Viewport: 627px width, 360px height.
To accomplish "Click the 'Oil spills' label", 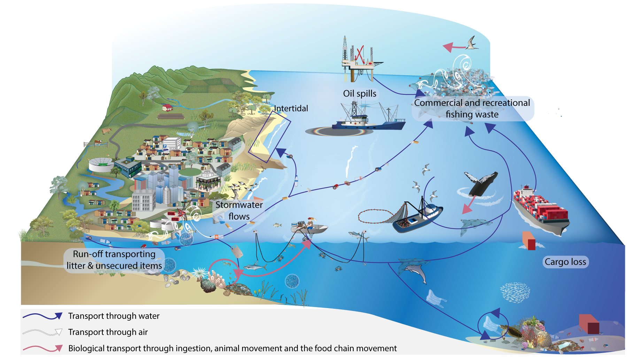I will coord(359,93).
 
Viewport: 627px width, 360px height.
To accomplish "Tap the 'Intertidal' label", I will coord(291,108).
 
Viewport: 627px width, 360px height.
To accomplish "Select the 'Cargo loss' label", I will coord(565,262).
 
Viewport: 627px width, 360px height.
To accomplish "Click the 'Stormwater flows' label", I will coord(239,210).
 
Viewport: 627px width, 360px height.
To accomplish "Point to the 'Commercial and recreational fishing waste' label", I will coord(472,108).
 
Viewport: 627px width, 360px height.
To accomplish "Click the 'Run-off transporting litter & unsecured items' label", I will coord(114,260).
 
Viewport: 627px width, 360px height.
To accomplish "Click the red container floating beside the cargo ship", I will coord(529,240).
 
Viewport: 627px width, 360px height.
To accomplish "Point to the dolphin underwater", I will coord(416,272).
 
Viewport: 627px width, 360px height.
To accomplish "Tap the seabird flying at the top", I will coord(472,43).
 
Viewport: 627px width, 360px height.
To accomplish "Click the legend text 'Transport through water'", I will coord(114,316).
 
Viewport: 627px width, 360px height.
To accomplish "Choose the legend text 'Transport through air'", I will coord(108,332).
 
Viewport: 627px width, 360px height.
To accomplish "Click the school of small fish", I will coord(515,292).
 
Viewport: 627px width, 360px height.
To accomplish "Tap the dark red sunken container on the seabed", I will coord(589,324).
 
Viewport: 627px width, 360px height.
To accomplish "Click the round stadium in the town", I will coord(101,164).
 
